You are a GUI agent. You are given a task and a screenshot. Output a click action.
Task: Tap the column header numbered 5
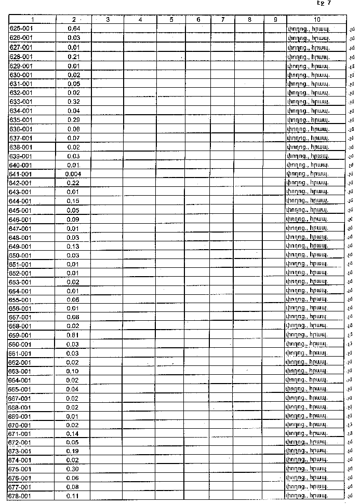171,20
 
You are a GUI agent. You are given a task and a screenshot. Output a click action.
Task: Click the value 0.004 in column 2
73,173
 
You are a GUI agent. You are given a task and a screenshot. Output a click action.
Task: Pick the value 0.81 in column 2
73,335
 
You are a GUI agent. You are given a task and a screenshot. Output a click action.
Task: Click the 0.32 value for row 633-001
73,101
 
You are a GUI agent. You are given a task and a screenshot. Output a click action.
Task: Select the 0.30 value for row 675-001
73,469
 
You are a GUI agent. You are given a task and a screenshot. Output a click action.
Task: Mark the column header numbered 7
222,20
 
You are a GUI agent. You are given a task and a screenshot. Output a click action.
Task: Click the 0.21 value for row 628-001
73,56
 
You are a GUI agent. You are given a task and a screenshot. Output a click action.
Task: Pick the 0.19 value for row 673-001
73,451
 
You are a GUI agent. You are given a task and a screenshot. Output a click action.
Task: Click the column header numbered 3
107,20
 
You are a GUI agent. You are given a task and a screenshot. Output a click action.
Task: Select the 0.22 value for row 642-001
73,183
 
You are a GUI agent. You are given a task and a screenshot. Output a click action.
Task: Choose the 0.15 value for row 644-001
73,201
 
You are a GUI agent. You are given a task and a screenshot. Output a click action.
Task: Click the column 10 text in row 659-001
309,335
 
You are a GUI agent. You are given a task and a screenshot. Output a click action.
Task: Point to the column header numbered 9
275,20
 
